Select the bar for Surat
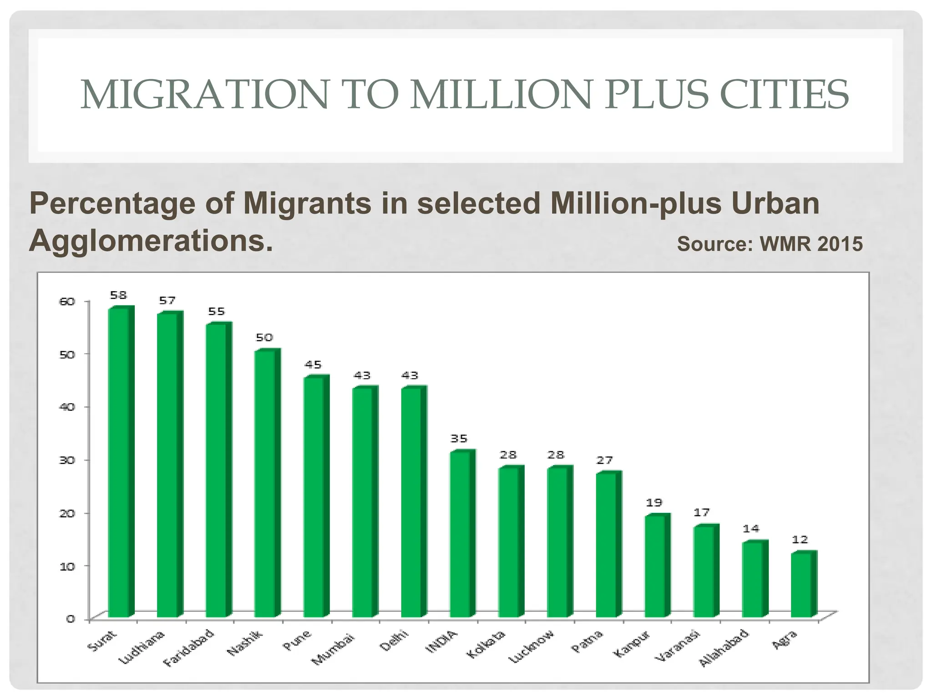click(119, 462)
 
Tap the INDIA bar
click(461, 535)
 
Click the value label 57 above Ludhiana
click(167, 301)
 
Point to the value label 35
click(459, 439)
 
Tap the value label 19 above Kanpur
click(654, 503)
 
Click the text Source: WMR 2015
click(770, 244)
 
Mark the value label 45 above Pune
click(313, 365)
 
